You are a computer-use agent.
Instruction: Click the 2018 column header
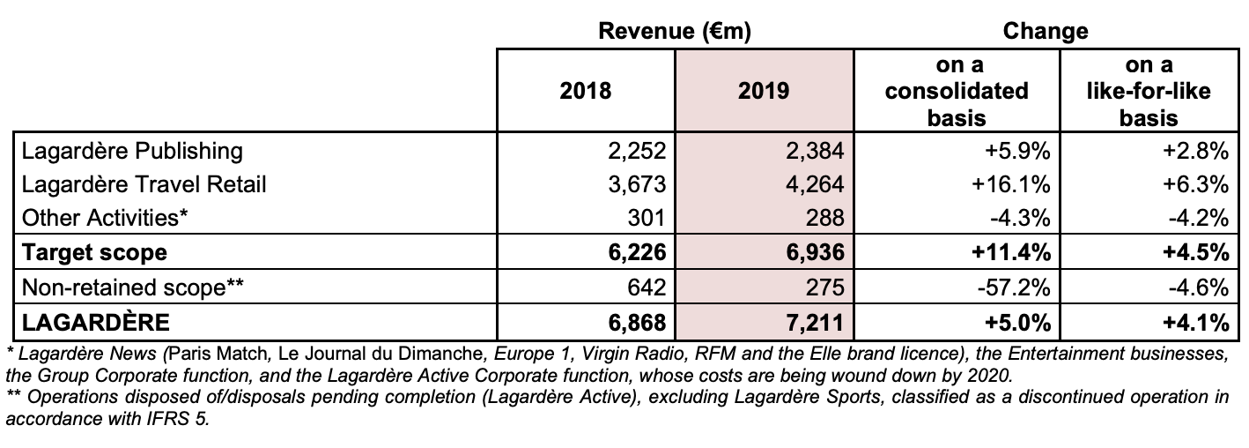point(586,91)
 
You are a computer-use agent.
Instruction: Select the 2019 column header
point(764,91)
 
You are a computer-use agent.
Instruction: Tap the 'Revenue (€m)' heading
point(675,31)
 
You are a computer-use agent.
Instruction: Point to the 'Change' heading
point(1046,31)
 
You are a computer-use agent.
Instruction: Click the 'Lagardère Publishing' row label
point(132,152)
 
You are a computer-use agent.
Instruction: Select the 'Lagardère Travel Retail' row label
point(144,184)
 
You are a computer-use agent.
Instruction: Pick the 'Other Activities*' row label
point(105,217)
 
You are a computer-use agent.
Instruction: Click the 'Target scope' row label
point(94,252)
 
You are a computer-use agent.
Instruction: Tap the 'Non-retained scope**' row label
point(133,287)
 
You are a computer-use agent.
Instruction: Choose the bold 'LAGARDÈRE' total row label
point(95,322)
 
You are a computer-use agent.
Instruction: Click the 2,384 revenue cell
point(815,151)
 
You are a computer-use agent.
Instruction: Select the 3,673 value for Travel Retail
point(637,184)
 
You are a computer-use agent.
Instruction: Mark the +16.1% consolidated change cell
point(1011,184)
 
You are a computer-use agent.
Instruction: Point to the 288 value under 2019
point(824,217)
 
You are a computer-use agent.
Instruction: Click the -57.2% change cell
point(1014,287)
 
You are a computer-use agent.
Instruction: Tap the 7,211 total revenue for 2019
point(815,322)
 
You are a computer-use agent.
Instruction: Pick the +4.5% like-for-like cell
point(1195,252)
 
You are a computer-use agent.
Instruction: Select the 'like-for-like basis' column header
point(1149,92)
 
